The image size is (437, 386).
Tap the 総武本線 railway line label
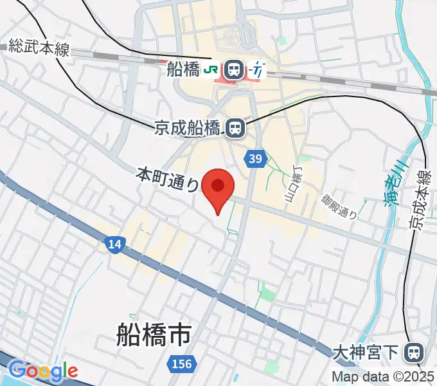point(39,48)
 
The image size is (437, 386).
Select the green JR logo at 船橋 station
point(211,69)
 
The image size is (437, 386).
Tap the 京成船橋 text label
point(187,129)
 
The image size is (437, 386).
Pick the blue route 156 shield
point(182,364)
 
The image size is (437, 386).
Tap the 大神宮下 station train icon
point(415,352)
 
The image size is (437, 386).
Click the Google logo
point(42,371)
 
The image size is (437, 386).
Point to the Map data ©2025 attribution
point(382,377)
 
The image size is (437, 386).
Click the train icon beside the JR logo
point(233,69)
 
